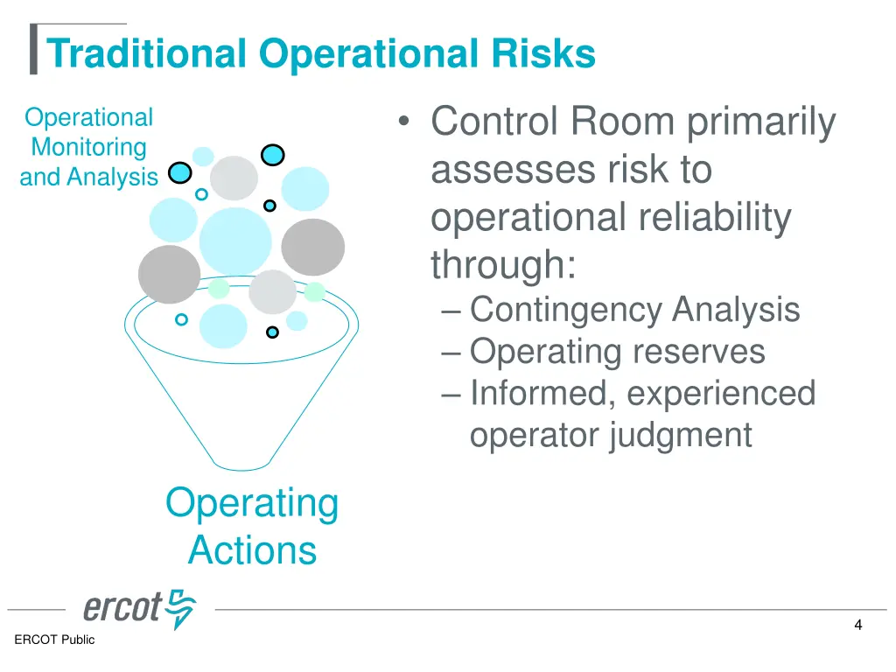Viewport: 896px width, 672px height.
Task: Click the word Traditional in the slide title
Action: click(x=147, y=54)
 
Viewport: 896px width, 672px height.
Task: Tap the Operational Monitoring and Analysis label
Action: click(x=88, y=147)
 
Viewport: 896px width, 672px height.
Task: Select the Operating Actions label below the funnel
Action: click(x=252, y=527)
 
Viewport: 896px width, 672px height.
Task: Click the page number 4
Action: click(x=858, y=625)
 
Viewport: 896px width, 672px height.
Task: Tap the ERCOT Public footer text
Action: click(x=54, y=640)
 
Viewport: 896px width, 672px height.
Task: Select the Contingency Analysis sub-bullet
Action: click(x=634, y=310)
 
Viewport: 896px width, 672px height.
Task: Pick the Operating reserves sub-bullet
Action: click(x=617, y=352)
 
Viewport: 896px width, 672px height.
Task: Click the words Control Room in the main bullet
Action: click(x=551, y=122)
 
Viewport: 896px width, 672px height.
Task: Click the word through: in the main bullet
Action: click(x=503, y=265)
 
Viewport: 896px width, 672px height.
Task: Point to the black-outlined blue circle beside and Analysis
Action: click(x=180, y=172)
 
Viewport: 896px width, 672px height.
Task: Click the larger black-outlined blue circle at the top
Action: click(x=273, y=155)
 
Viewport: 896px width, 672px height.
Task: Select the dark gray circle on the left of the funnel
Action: click(x=169, y=274)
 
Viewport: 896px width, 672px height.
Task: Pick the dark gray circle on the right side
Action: click(x=312, y=248)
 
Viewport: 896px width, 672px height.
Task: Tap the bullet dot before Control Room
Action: click(x=403, y=123)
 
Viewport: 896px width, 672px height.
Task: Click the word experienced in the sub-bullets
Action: click(x=721, y=394)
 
